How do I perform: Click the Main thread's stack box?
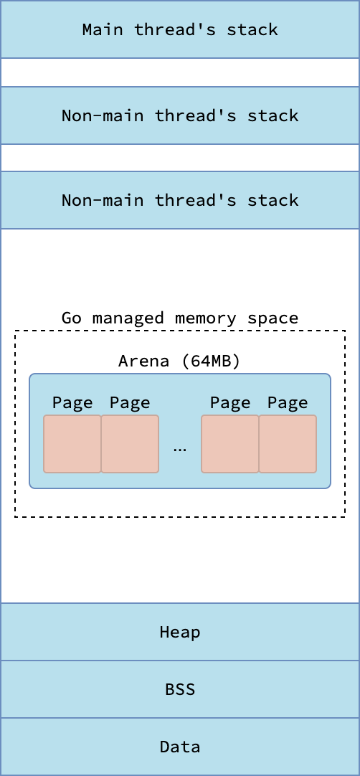[x=180, y=29]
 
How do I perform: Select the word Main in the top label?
[x=103, y=29]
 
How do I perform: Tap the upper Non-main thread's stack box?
[x=180, y=115]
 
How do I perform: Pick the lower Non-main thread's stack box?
[x=180, y=200]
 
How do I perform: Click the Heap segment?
[x=180, y=632]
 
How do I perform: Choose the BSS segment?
[x=180, y=689]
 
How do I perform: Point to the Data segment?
[x=180, y=747]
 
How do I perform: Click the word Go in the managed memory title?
[x=71, y=318]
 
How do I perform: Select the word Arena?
[x=143, y=361]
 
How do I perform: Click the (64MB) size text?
[x=210, y=361]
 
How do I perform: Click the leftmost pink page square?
[x=72, y=444]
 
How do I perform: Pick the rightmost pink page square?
[x=288, y=444]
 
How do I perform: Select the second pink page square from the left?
[x=130, y=444]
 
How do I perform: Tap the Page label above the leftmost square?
[x=72, y=403]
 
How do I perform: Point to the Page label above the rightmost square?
[x=288, y=403]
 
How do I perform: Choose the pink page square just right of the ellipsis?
[x=230, y=444]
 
